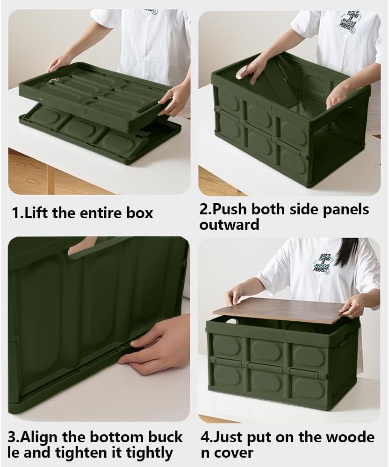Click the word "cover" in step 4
coord(234,452)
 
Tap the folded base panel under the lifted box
coord(94,135)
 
